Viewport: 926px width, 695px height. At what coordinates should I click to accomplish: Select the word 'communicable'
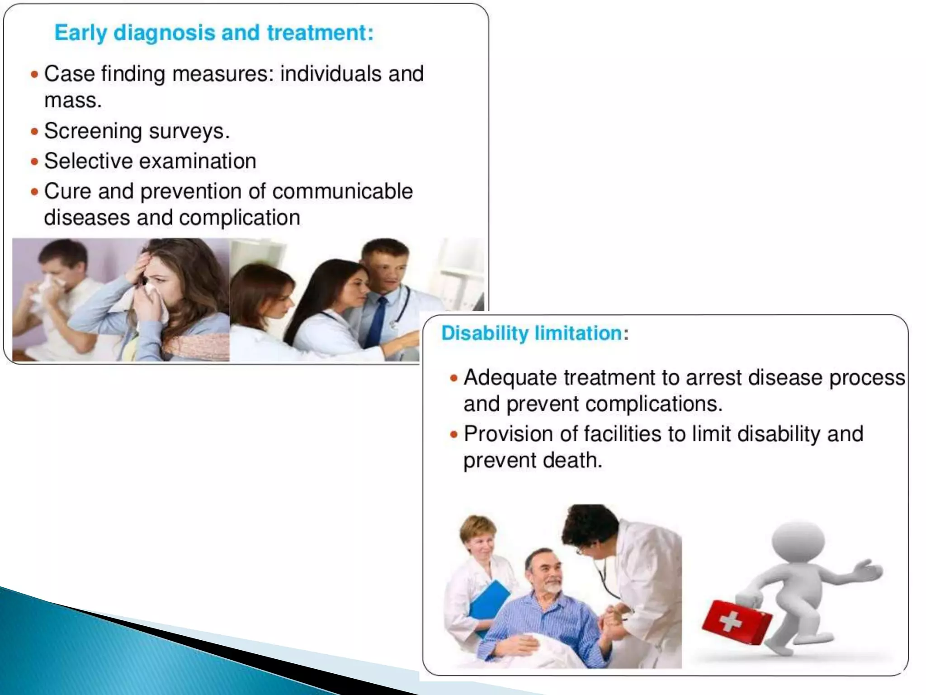[x=342, y=191]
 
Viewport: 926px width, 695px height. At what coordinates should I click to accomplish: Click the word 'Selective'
[x=88, y=162]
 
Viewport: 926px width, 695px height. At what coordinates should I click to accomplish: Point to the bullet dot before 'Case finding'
[x=34, y=74]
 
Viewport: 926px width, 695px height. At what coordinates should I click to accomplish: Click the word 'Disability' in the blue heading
[x=485, y=333]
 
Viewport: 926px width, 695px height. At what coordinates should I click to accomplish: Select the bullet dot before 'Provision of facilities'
[x=454, y=435]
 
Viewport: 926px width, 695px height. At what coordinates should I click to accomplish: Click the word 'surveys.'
[x=189, y=132]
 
